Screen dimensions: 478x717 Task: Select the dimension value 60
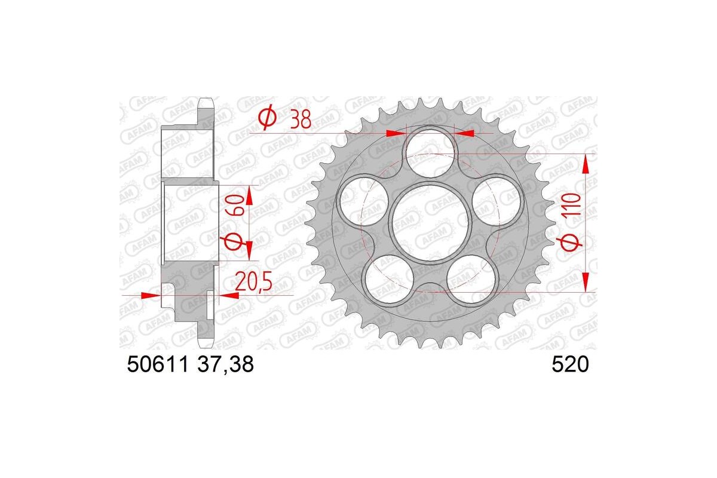234,206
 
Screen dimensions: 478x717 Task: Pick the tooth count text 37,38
225,364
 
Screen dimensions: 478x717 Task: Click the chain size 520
572,364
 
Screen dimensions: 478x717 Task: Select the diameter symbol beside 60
232,242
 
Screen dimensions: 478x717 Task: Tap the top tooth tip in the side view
206,102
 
